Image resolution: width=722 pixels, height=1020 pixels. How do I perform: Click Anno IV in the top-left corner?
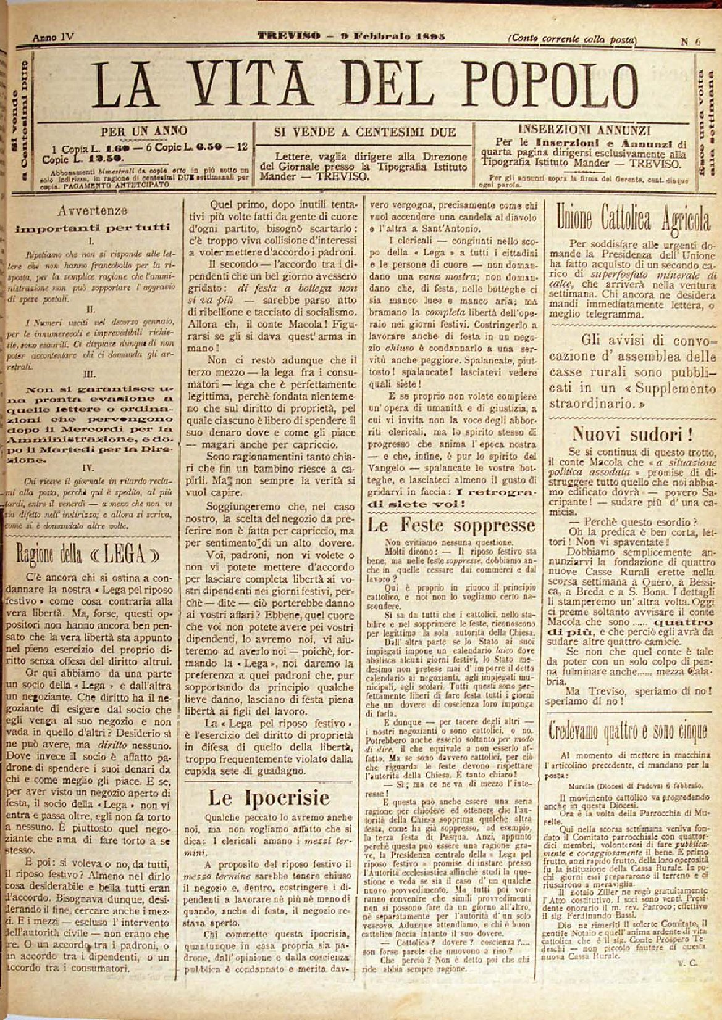pos(53,36)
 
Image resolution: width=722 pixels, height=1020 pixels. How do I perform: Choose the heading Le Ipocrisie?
pos(269,798)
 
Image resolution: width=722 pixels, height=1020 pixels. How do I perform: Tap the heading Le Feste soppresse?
pos(452,526)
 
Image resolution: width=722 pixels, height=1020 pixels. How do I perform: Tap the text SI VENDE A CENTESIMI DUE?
pos(364,131)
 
